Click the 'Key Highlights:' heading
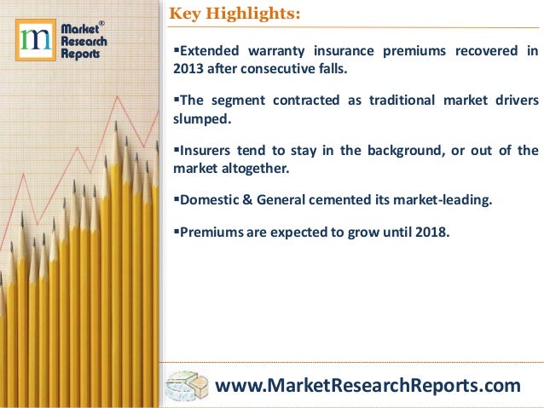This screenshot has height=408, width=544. tap(235, 14)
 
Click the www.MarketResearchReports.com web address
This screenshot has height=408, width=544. tap(367, 386)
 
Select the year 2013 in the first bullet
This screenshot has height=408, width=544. tap(186, 69)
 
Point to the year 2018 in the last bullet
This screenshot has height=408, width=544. tap(429, 231)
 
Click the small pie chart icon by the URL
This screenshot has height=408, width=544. tap(188, 385)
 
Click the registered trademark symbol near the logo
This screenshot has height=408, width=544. tap(102, 23)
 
